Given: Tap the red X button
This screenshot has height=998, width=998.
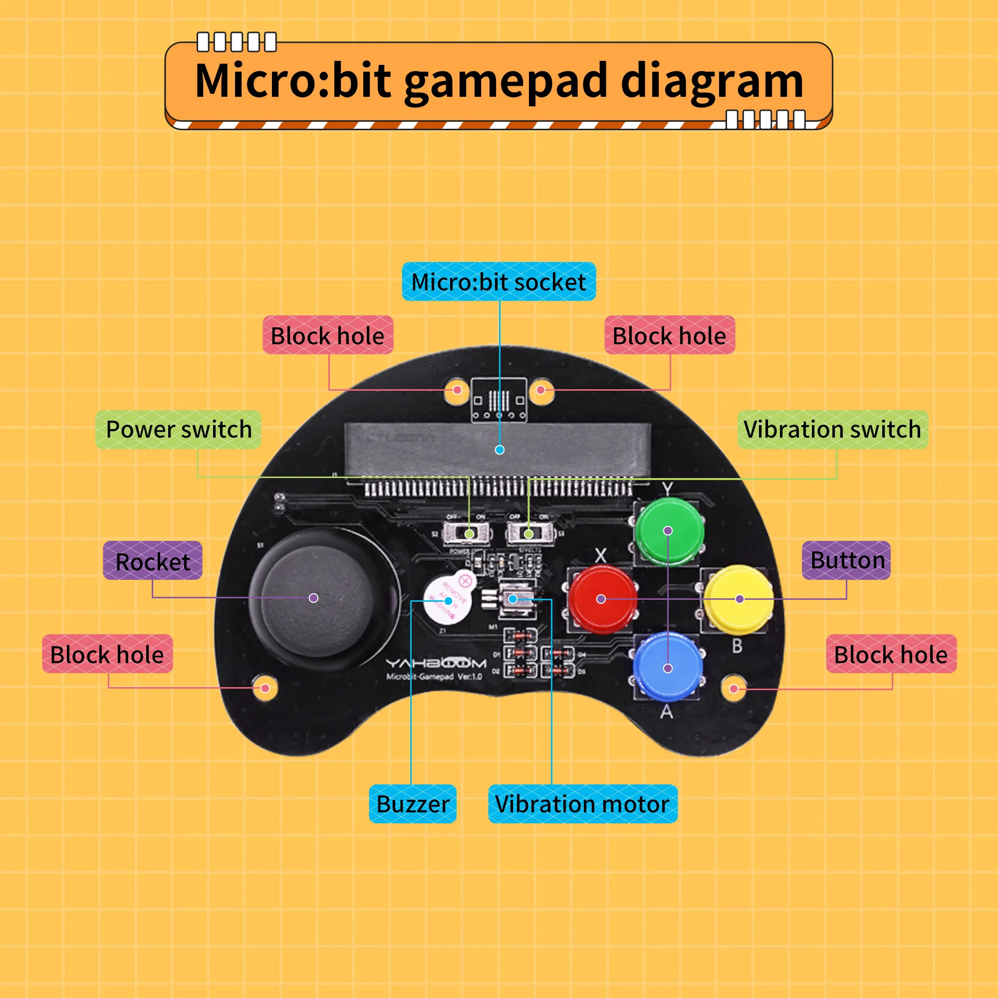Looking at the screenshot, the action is click(602, 599).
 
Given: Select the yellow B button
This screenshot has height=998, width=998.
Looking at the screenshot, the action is click(739, 599).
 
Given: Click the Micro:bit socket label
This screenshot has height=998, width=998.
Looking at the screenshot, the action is click(499, 282).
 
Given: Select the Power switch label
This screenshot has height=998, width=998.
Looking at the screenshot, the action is click(178, 430).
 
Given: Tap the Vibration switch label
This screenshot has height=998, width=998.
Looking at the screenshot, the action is click(832, 430).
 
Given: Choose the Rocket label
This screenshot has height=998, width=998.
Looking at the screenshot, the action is click(152, 561).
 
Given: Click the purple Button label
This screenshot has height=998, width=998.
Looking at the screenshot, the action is click(847, 560).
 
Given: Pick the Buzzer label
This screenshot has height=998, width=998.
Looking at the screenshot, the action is click(413, 804).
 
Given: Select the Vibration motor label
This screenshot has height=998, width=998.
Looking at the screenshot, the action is click(582, 804).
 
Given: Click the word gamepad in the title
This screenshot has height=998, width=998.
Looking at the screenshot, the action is click(505, 82).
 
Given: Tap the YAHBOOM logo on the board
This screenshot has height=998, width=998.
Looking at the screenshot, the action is click(436, 663).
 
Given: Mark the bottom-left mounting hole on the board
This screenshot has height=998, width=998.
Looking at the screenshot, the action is click(265, 688).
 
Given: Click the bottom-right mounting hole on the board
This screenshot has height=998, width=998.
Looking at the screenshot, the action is click(734, 689).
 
